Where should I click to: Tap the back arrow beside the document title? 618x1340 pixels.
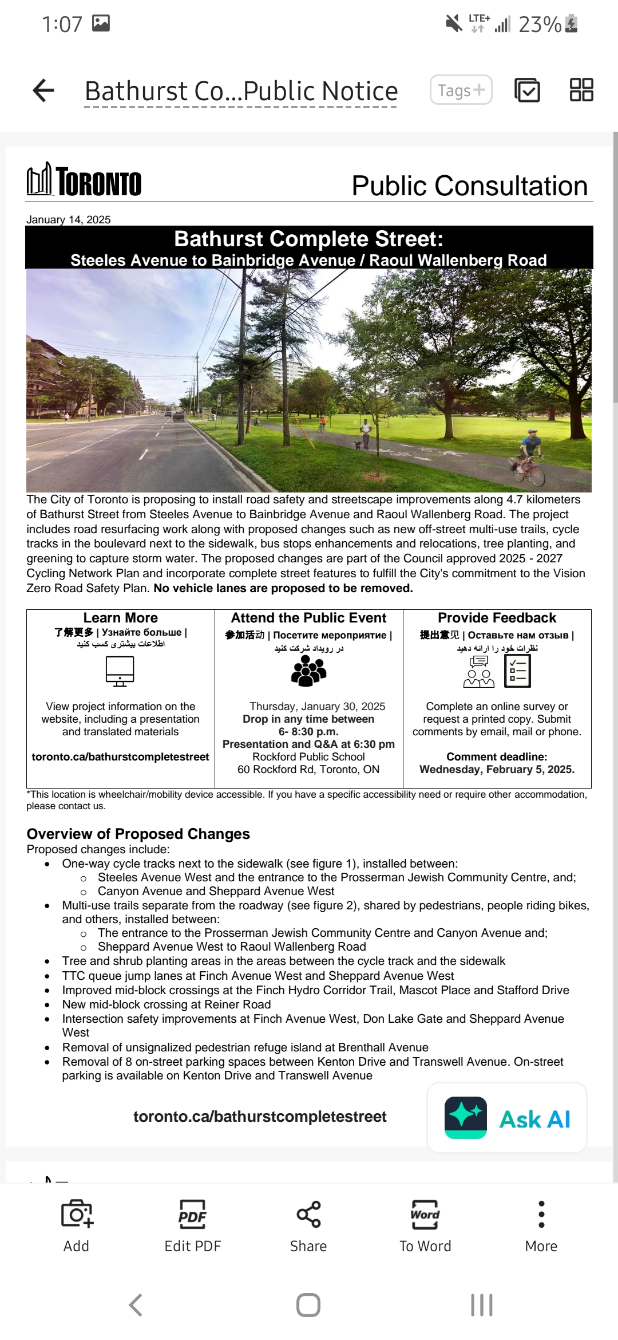click(43, 90)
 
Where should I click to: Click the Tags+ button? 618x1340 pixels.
click(461, 90)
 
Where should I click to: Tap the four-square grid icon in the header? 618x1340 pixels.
click(581, 90)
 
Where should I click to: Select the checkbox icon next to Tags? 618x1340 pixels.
click(527, 90)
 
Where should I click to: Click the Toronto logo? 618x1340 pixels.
click(84, 180)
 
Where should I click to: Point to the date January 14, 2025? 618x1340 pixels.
click(69, 220)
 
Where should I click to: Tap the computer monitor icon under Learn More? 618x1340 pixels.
click(120, 671)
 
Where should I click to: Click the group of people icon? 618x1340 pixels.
click(308, 671)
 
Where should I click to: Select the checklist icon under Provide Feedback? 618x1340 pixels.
click(517, 671)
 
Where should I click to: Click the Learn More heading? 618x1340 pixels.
click(120, 618)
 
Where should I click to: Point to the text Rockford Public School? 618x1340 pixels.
click(308, 756)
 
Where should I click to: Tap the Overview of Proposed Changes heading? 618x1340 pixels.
click(138, 834)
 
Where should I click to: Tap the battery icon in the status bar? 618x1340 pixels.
click(571, 23)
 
